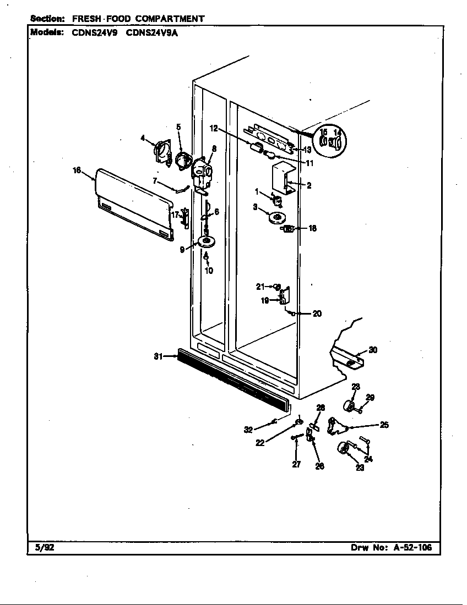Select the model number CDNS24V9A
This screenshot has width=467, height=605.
click(x=152, y=33)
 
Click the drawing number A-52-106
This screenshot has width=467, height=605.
click(x=412, y=547)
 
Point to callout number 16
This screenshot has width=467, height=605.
click(x=77, y=170)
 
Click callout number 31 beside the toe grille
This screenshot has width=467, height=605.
click(x=159, y=356)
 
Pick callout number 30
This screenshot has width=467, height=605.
click(x=373, y=350)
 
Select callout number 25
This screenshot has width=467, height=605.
click(x=384, y=425)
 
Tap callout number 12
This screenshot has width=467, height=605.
click(x=214, y=129)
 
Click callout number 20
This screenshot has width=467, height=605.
click(x=317, y=313)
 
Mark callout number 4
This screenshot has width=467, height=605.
click(x=143, y=137)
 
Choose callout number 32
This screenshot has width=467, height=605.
click(x=248, y=430)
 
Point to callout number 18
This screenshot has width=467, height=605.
click(x=312, y=228)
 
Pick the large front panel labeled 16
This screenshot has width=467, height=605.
click(x=133, y=204)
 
